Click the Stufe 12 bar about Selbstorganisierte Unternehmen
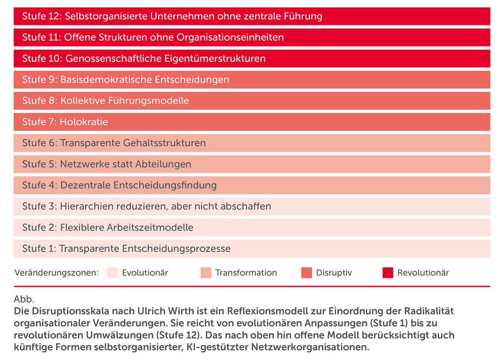pos(252,16)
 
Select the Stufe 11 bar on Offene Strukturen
pos(252,38)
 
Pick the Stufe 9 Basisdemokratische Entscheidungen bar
pos(252,80)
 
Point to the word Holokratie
pos(84,122)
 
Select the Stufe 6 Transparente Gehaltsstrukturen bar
pos(252,143)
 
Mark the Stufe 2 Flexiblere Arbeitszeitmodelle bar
pos(252,228)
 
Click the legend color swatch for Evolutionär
pos(113,273)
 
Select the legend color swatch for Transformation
pos(206,273)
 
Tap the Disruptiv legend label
pos(334,273)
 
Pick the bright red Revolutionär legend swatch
pos(388,273)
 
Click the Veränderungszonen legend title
pos(56,273)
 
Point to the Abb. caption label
pos(24,299)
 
